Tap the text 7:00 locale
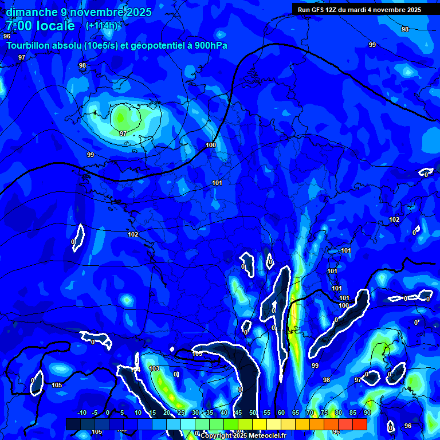pos(40,26)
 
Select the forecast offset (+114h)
pos(101,26)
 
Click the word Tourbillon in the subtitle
pos(29,45)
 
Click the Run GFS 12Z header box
pos(359,9)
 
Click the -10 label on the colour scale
pos(81,413)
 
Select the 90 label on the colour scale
pos(367,413)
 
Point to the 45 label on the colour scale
pos(238,413)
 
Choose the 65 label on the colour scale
pos(296,413)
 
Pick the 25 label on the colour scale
pos(181,413)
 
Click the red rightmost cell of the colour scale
pos(359,424)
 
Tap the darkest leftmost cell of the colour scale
pos(73,424)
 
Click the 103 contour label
pos(154,368)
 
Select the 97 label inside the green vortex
pos(123,133)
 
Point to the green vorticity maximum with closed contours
pos(121,117)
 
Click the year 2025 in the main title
pos(137,12)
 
